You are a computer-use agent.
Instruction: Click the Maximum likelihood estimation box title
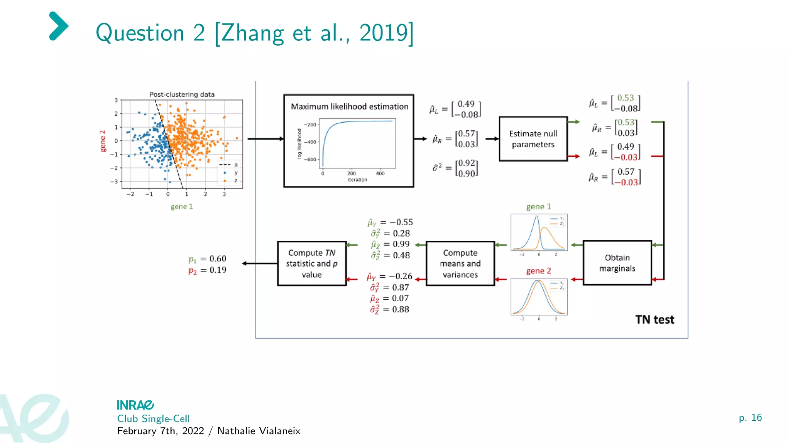(349, 107)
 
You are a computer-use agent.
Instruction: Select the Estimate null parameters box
(533, 139)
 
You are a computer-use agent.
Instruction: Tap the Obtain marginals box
(617, 263)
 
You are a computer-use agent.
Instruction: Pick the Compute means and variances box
(460, 264)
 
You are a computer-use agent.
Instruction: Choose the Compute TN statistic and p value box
(312, 264)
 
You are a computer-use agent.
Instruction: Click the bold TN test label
(654, 320)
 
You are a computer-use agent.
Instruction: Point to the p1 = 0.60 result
(207, 259)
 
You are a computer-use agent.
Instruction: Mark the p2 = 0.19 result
(207, 270)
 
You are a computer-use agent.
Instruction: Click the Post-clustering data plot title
(182, 94)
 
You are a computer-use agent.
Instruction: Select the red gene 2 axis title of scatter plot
(103, 141)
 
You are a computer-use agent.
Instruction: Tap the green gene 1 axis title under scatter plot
(182, 207)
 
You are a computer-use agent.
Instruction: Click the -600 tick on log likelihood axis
(310, 159)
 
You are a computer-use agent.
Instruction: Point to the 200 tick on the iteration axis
(351, 173)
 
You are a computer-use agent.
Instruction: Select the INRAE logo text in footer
(135, 405)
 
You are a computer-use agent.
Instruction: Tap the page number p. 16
(750, 418)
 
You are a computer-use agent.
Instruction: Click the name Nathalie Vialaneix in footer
(259, 431)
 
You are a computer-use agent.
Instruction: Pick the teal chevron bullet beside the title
(58, 26)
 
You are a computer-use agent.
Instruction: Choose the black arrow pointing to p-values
(260, 263)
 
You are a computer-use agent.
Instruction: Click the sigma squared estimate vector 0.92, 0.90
(466, 168)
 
